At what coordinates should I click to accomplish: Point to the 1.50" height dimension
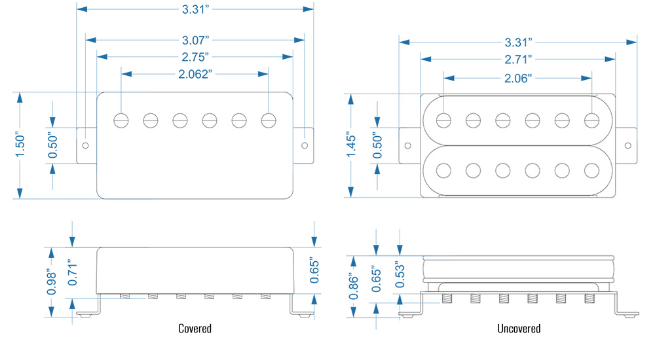pos(20,145)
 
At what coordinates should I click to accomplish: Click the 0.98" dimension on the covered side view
pos(52,282)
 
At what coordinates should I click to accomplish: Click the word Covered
pos(195,328)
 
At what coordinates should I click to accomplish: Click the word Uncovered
pos(518,328)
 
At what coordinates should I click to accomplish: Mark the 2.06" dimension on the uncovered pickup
pos(518,79)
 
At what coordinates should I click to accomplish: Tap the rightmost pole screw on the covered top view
pos(268,120)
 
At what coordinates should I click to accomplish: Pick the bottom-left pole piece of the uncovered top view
pos(444,170)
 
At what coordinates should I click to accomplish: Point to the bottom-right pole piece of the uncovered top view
pos(592,170)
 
